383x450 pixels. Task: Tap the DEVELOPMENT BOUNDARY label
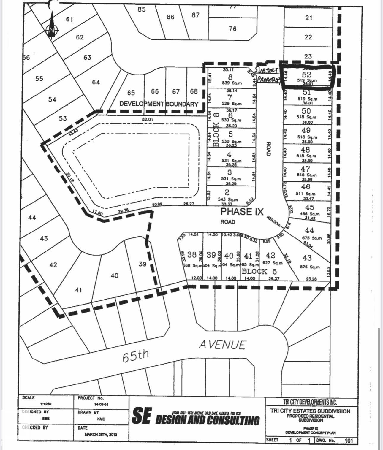click(159, 104)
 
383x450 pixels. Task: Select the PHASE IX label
click(242, 212)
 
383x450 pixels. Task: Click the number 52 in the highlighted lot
click(306, 75)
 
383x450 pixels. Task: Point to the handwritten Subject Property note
click(267, 75)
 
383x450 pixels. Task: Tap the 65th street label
click(135, 356)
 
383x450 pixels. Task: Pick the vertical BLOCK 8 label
click(216, 130)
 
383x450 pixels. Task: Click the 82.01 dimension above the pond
click(148, 119)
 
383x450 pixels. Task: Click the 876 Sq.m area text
click(310, 267)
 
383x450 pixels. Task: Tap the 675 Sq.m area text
click(312, 238)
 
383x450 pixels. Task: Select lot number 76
click(233, 29)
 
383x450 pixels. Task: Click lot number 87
click(195, 15)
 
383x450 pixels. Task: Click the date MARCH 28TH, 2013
click(101, 434)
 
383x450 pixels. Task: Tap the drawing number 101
click(349, 441)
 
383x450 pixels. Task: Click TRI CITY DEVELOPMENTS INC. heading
click(310, 402)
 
